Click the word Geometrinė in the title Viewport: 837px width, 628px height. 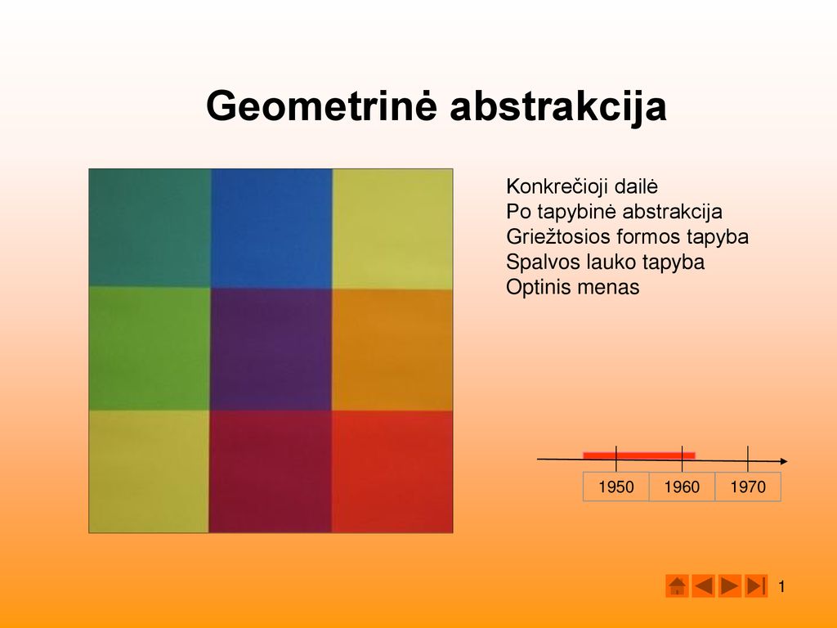(322, 106)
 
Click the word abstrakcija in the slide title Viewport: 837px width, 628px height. (558, 106)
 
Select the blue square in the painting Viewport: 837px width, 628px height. (271, 229)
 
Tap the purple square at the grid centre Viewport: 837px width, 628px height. (271, 349)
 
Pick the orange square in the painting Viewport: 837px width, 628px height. (392, 350)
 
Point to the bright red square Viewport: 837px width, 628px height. (392, 472)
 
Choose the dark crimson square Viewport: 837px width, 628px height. (270, 472)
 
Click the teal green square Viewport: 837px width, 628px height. (150, 228)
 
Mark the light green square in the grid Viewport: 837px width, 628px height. (150, 348)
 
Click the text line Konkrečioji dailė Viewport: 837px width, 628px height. (582, 186)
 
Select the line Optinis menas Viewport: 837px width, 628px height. (573, 287)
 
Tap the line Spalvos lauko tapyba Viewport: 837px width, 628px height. (606, 262)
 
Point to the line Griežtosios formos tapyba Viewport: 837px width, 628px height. (627, 236)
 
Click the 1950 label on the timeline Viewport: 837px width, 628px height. (616, 487)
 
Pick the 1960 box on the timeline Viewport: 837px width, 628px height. (683, 487)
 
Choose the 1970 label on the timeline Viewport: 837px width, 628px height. (748, 487)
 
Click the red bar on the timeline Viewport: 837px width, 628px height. (639, 455)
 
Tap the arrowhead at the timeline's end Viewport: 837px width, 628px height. (784, 461)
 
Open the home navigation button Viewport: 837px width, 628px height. (677, 585)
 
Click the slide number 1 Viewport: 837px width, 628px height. (781, 587)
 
